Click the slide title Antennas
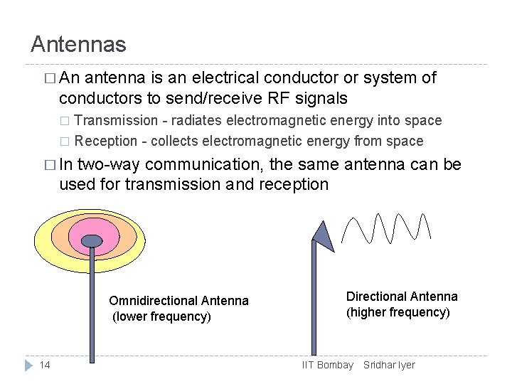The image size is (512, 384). point(78,45)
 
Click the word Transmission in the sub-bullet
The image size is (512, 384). point(116,120)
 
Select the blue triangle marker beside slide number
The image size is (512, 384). point(28,365)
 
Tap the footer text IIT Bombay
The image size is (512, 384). point(327,365)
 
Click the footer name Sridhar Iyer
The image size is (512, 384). point(389,365)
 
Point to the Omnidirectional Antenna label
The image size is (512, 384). point(178,301)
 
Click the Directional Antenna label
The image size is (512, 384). point(402,297)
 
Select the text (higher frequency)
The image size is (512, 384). point(398,312)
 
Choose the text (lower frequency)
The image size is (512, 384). point(161,316)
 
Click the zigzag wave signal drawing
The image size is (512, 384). point(386,228)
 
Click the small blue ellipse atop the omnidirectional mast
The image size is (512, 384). point(91,240)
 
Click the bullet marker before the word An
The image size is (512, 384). point(48,78)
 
